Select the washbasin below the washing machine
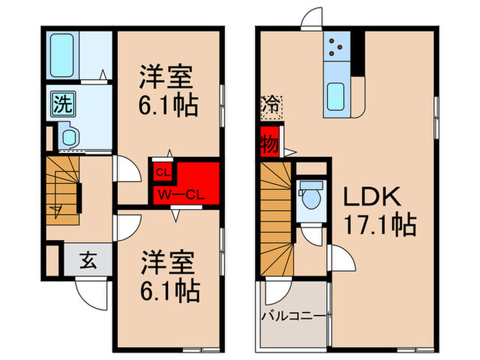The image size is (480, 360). [70, 136]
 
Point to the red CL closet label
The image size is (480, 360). [163, 171]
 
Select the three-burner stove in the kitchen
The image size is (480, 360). [337, 45]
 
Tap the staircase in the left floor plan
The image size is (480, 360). [63, 189]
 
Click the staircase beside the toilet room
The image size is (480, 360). [277, 218]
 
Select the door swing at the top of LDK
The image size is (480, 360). [312, 18]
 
